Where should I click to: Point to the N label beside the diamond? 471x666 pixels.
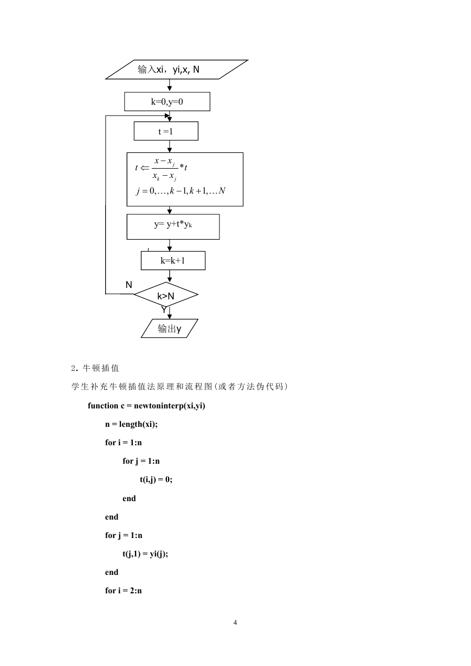pos(128,285)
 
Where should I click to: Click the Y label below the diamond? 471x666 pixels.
pos(164,310)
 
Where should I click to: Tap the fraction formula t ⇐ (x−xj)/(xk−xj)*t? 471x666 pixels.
pos(161,169)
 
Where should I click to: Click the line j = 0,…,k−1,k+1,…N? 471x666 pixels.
pos(180,190)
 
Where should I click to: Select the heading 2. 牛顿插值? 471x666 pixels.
pos(95,368)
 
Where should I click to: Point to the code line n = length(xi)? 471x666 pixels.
pos(131,424)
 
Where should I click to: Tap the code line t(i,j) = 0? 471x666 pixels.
pos(156,479)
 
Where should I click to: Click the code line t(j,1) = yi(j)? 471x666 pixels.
pos(145,554)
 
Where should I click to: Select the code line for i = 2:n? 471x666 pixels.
pos(124,591)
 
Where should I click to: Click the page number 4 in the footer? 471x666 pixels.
pos(235,623)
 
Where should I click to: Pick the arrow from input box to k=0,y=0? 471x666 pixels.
pos(170,85)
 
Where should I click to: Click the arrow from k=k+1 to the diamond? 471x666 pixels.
pos(170,276)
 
